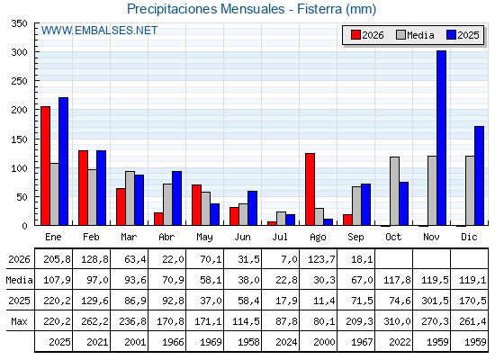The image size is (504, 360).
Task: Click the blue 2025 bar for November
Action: (x=441, y=138)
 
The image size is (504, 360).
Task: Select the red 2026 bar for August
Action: (x=310, y=189)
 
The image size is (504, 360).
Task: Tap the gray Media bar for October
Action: (x=395, y=191)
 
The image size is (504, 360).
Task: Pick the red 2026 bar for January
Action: (x=45, y=166)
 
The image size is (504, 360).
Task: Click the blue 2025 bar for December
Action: (x=479, y=175)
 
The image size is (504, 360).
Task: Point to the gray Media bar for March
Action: (x=130, y=198)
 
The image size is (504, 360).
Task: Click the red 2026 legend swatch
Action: (x=355, y=35)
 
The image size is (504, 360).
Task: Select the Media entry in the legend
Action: (x=415, y=35)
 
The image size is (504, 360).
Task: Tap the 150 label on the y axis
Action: (x=20, y=139)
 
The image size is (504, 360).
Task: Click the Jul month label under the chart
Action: (x=280, y=237)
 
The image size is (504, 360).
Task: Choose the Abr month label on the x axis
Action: (x=166, y=237)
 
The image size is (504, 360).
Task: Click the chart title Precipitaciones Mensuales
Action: (x=206, y=9)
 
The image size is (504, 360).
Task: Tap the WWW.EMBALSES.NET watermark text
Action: (x=99, y=31)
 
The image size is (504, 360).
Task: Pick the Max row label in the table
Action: (x=19, y=321)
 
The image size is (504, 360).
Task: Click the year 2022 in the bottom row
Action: (x=400, y=342)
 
